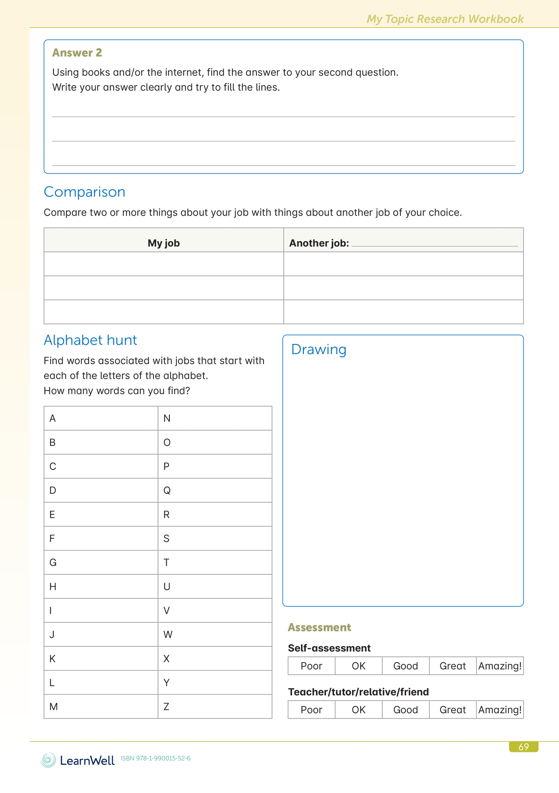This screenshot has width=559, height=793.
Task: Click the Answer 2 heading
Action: tap(77, 53)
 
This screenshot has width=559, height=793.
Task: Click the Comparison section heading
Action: tap(84, 192)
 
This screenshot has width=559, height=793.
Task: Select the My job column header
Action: tap(164, 243)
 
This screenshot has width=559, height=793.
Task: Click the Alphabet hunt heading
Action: tap(90, 340)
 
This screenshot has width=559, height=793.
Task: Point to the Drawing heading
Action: tap(318, 349)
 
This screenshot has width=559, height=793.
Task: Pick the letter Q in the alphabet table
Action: tap(167, 490)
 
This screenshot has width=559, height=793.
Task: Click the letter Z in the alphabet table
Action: tap(166, 707)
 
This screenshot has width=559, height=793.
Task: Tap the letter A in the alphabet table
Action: tap(53, 418)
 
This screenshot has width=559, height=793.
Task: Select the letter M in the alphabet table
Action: tap(53, 707)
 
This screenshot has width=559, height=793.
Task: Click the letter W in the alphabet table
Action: tap(168, 635)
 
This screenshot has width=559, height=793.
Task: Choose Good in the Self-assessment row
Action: tap(405, 666)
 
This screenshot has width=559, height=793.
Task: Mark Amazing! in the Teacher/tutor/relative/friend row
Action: tap(500, 710)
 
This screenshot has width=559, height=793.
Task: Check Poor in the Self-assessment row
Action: tap(311, 666)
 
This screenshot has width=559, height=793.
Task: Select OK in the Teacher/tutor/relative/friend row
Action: tap(359, 710)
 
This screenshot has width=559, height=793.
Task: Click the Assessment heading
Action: tap(319, 627)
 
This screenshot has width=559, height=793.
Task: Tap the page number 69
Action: tap(523, 747)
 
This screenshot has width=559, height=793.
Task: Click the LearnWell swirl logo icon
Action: tap(48, 760)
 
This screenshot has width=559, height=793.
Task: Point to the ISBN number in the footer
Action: tap(156, 759)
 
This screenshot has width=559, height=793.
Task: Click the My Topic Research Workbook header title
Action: tap(445, 19)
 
